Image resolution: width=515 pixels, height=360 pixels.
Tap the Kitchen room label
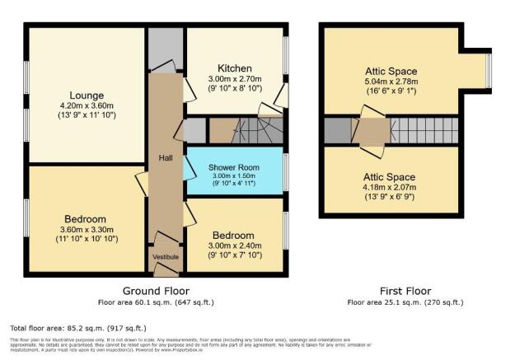(x=234, y=68)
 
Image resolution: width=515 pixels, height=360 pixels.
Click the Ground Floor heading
(x=156, y=291)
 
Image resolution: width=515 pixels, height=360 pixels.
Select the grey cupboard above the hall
(x=165, y=49)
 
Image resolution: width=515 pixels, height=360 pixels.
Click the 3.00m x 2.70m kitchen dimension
(x=234, y=80)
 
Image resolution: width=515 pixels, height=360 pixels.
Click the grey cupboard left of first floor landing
(x=335, y=129)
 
